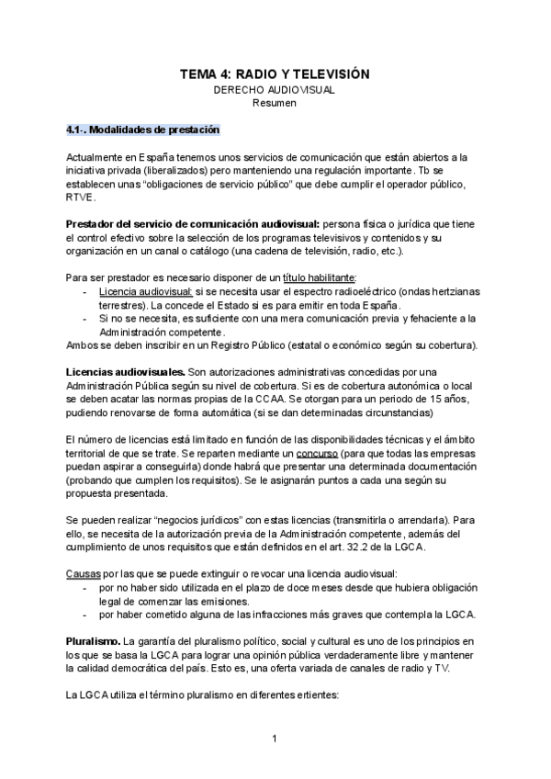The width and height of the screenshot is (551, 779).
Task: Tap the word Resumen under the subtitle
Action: pyautogui.click(x=275, y=104)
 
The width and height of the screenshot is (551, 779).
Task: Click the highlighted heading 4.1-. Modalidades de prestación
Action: pyautogui.click(x=142, y=130)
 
